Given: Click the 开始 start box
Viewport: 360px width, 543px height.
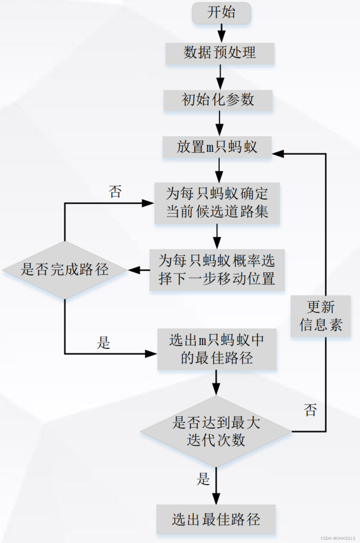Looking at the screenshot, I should click(x=221, y=13).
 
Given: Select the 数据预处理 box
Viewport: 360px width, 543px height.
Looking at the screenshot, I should click(x=220, y=53).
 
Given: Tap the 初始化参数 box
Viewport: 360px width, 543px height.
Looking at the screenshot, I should click(x=218, y=100).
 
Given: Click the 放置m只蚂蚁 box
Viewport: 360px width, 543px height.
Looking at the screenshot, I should click(x=217, y=147).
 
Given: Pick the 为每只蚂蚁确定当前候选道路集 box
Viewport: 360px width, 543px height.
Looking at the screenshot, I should click(x=217, y=203).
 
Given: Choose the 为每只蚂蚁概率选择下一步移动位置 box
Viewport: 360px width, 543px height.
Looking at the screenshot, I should click(x=217, y=270).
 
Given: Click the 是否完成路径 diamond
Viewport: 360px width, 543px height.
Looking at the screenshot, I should click(x=65, y=270).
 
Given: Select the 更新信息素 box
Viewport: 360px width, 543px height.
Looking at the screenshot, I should click(x=321, y=316).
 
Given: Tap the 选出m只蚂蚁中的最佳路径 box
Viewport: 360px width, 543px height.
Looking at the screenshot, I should click(x=217, y=349).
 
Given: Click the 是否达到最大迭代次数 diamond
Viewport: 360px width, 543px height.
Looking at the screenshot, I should click(x=216, y=431).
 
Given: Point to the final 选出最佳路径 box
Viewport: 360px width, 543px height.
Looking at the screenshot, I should click(x=216, y=519).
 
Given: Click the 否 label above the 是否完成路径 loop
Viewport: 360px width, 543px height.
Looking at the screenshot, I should click(x=115, y=192).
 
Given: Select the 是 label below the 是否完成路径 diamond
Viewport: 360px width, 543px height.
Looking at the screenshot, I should click(x=103, y=343).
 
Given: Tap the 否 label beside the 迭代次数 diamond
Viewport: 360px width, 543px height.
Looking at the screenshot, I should click(x=310, y=410).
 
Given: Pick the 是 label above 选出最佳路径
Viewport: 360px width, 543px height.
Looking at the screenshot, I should click(x=203, y=479).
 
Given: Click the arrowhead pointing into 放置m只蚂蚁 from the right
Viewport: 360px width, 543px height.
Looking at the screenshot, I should click(x=278, y=154).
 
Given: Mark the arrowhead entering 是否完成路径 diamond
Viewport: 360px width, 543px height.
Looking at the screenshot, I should click(x=134, y=270).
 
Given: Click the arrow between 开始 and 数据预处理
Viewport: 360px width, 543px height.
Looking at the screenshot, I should click(x=221, y=33).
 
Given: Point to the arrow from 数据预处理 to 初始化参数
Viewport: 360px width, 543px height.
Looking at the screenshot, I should click(x=220, y=77).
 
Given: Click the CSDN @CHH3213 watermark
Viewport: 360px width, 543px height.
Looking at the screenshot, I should click(x=338, y=538).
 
